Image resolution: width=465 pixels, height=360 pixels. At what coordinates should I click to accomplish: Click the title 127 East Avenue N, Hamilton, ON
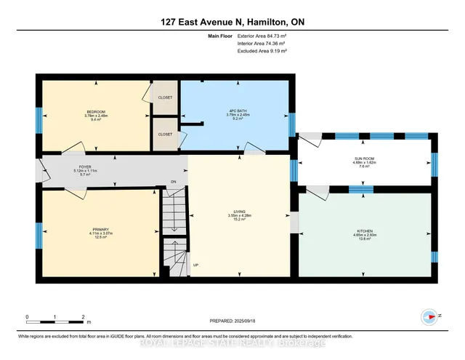(232, 23)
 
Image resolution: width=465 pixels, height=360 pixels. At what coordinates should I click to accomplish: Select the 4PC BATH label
(238, 111)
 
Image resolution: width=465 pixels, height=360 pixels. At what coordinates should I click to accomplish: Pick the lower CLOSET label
(165, 135)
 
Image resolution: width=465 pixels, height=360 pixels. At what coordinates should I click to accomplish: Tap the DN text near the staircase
(174, 181)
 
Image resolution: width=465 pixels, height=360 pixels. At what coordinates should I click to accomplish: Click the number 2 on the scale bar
(83, 318)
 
